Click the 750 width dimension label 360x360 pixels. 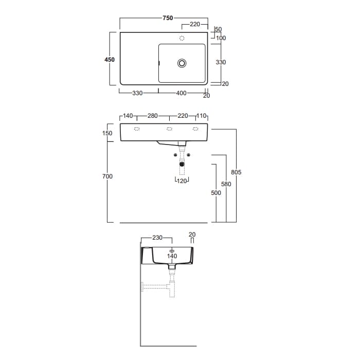pos(168,18)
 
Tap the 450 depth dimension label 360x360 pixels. pos(110,60)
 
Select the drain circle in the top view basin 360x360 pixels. pos(182,63)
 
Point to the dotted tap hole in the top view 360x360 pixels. pos(182,38)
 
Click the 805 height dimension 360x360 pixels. pos(236,172)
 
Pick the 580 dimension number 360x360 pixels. pos(226,184)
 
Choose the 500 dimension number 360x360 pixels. pos(216,193)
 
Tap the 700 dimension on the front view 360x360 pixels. pos(107,176)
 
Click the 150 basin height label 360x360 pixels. pos(107,133)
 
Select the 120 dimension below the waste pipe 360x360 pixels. pos(182,181)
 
